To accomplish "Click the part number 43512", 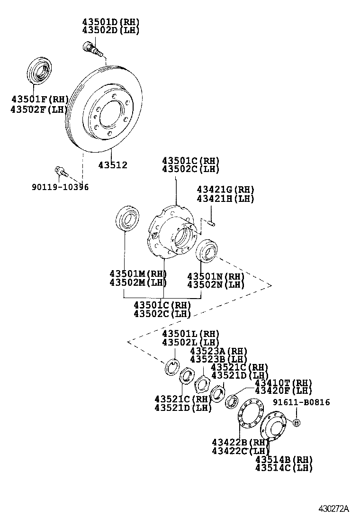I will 113,165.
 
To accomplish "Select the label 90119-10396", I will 60,187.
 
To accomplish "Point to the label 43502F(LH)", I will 40,109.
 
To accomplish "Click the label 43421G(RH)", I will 225,190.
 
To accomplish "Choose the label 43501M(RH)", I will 138,274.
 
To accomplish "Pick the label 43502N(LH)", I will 216,285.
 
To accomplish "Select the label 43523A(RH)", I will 219,351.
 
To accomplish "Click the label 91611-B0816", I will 301,402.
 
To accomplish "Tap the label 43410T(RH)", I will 283,382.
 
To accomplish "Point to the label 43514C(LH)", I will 284,468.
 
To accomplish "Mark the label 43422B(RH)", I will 241,442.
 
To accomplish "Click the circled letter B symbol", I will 296,423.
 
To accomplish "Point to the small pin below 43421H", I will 211,221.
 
